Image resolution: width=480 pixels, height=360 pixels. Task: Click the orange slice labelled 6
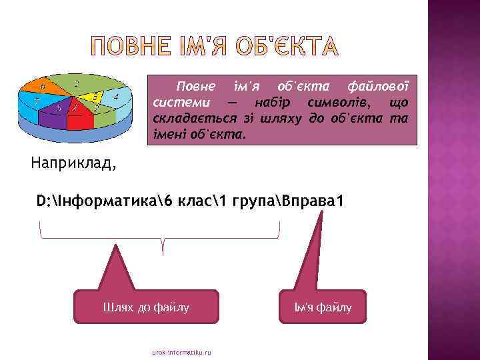41,86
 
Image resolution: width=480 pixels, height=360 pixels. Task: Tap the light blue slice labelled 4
117,97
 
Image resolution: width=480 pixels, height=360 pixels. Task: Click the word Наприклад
73,162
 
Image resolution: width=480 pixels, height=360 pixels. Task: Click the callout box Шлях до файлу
146,307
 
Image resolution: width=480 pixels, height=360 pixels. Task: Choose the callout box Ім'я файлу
323,307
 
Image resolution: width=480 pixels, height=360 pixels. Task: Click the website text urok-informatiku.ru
181,352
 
